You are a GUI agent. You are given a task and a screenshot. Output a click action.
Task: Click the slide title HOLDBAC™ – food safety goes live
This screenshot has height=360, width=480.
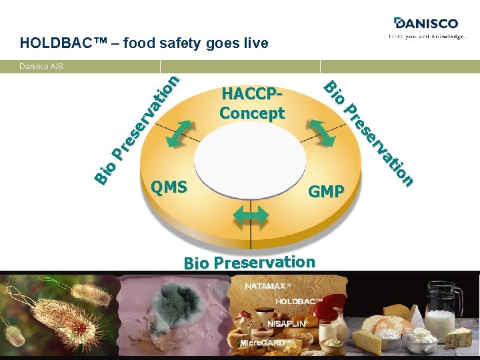144,44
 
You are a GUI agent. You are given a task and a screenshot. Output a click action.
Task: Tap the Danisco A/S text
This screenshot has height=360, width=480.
41,67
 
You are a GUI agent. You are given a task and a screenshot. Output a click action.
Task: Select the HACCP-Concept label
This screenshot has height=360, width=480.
252,104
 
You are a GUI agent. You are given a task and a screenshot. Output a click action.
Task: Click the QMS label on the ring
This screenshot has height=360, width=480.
169,187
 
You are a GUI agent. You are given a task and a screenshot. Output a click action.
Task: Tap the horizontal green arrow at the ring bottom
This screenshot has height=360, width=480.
250,217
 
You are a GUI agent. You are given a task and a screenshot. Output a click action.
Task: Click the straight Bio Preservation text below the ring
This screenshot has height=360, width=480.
249,262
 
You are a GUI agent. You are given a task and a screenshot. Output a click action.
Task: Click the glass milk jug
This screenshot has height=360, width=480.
444,309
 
